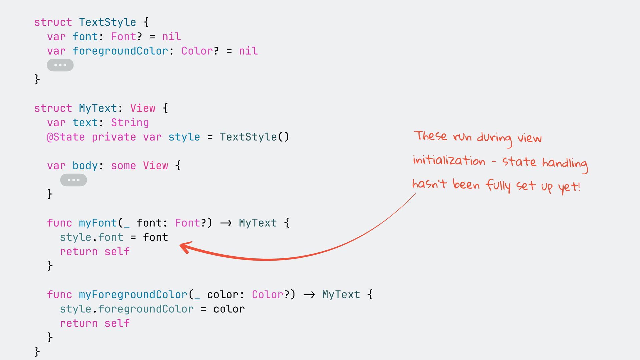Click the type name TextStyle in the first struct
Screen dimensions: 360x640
(x=107, y=22)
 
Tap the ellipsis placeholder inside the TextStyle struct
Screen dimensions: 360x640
(x=60, y=65)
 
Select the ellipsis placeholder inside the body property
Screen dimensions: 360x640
(x=73, y=180)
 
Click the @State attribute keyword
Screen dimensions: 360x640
(x=66, y=137)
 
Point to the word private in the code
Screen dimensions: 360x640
(x=114, y=137)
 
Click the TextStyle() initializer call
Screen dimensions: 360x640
(x=254, y=137)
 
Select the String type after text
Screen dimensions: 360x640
(x=130, y=123)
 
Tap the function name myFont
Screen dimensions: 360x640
(x=98, y=223)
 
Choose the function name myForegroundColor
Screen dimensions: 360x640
(x=133, y=295)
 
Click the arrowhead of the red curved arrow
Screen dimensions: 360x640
(x=184, y=247)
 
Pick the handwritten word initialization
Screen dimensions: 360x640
(x=449, y=161)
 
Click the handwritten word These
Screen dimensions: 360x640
(x=430, y=136)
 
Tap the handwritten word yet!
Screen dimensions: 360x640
(x=569, y=187)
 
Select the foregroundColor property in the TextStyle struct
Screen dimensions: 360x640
(x=120, y=51)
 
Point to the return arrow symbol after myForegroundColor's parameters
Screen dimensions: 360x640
(x=309, y=295)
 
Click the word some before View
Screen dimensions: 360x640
(x=123, y=166)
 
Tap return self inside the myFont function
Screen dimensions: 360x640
(x=95, y=252)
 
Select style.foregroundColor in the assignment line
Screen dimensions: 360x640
(x=127, y=309)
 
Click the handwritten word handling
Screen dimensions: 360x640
(x=565, y=163)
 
